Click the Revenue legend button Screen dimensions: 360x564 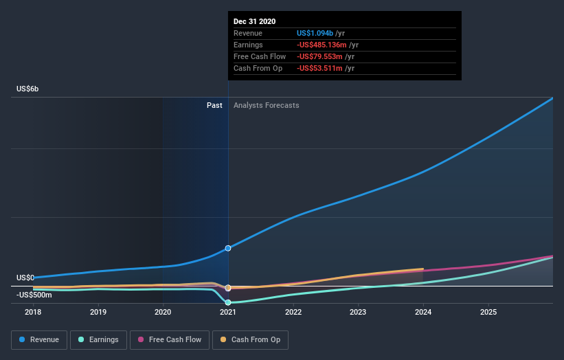tap(39, 339)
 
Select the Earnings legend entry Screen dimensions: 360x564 tap(98, 339)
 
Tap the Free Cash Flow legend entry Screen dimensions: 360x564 tap(169, 339)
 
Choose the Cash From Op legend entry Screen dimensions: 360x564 tap(250, 339)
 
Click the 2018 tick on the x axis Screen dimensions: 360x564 tap(33, 312)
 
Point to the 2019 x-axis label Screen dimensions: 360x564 tap(98, 312)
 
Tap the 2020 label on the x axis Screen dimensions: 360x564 tap(163, 312)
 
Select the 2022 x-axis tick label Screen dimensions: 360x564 tap(293, 312)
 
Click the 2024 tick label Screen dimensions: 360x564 tap(423, 312)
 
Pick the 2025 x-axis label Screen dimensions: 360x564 tap(488, 312)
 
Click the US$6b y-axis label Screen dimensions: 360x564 tap(30, 89)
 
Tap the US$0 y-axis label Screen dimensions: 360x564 tap(25, 278)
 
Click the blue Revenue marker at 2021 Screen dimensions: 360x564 tap(228, 248)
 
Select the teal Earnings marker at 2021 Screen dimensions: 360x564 tap(228, 302)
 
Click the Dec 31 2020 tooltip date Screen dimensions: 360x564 tap(254, 21)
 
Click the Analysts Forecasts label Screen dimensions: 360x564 tap(267, 105)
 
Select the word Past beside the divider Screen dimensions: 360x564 tap(214, 105)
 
